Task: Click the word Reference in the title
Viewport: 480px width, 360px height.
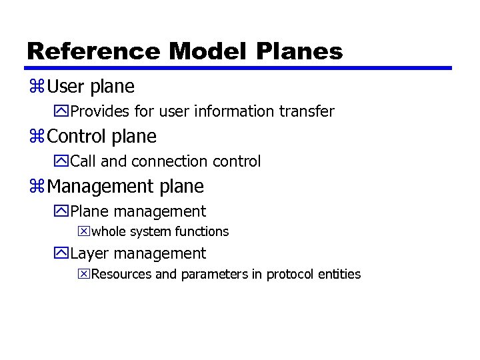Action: [x=94, y=51]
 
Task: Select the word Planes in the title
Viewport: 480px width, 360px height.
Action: [x=305, y=51]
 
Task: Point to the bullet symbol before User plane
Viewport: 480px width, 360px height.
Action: [x=37, y=87]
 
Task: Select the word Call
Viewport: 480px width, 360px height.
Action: [x=83, y=161]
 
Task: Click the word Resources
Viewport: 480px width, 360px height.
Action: [x=121, y=274]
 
